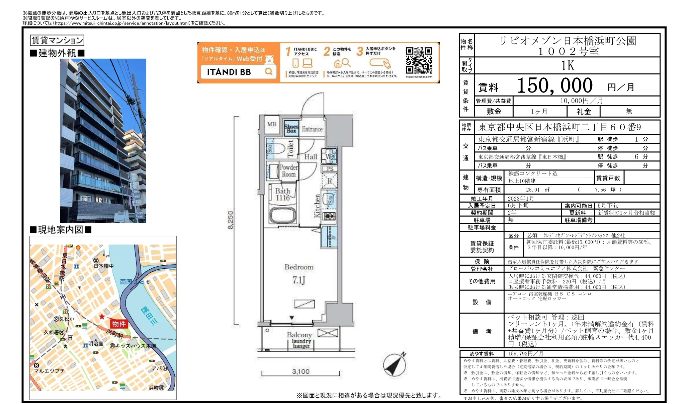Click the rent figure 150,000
[x=554, y=86]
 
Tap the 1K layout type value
[x=568, y=66]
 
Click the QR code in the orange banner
[x=419, y=60]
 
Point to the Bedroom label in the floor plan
[x=299, y=267]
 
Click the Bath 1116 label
[x=283, y=194]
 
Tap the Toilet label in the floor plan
[x=290, y=148]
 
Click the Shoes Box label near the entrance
[x=291, y=128]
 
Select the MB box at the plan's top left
[x=272, y=124]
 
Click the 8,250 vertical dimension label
[x=230, y=220]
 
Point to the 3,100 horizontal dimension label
[x=300, y=372]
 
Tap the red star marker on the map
[x=102, y=317]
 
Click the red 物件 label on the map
[x=119, y=324]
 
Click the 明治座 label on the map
[x=96, y=344]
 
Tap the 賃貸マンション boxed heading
[x=57, y=41]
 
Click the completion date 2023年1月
[x=521, y=199]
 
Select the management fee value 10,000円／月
[x=581, y=101]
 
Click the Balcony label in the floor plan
[x=299, y=335]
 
